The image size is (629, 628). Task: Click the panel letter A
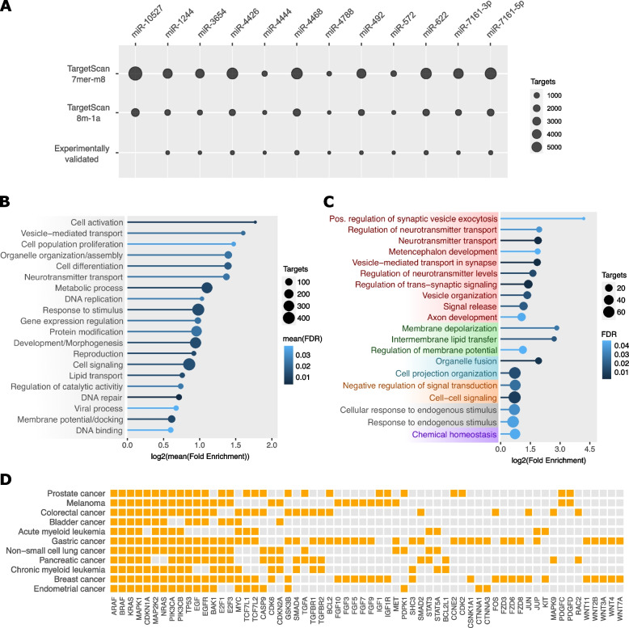(x=6, y=7)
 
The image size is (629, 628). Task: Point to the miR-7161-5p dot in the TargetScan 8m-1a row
(x=490, y=112)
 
